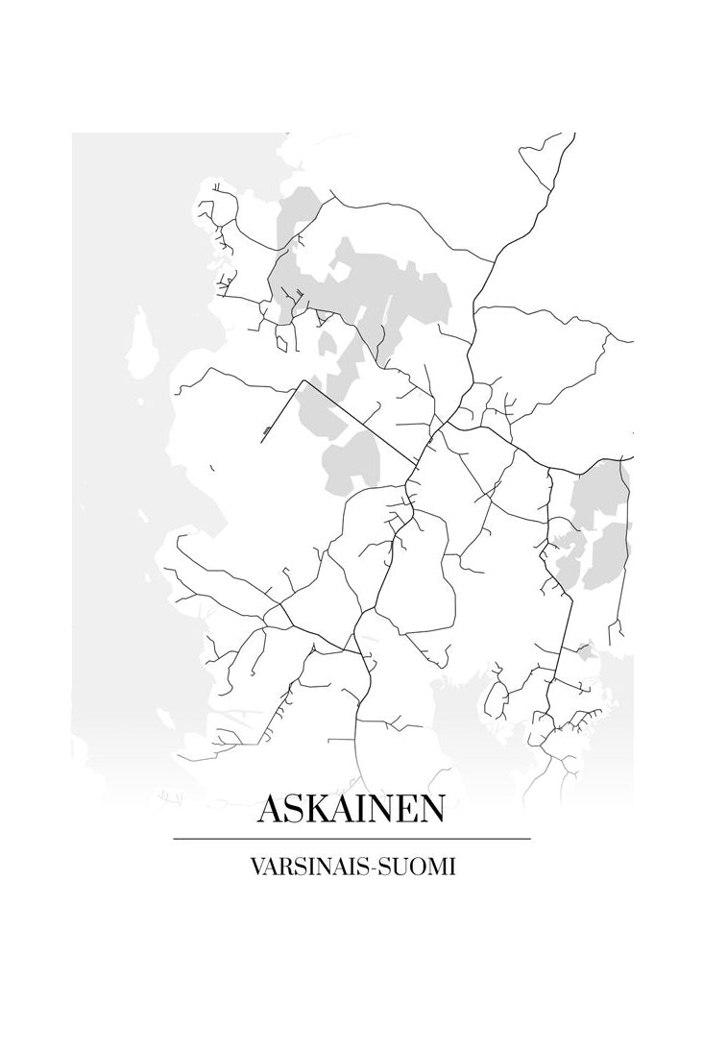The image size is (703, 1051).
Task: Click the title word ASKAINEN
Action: point(351,809)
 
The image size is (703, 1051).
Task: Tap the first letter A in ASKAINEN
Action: point(271,809)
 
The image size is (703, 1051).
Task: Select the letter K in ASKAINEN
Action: point(318,809)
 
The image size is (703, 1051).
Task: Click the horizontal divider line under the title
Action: point(351,839)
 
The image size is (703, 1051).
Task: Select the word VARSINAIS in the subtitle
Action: point(307,866)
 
